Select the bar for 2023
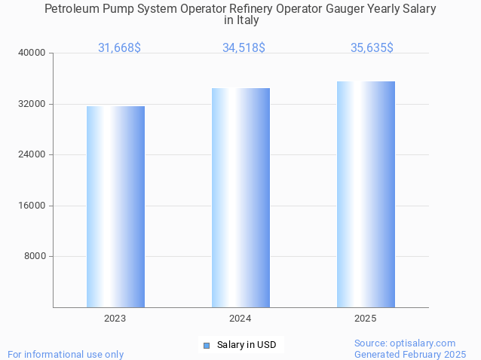pyautogui.click(x=115, y=206)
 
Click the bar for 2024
pyautogui.click(x=240, y=197)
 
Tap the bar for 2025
pyautogui.click(x=366, y=194)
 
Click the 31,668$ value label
pyautogui.click(x=119, y=47)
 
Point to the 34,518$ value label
pyautogui.click(x=244, y=47)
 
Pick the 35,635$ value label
pyautogui.click(x=372, y=47)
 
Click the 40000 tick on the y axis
pyautogui.click(x=32, y=53)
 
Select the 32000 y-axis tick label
pyautogui.click(x=32, y=104)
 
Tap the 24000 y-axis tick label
pyautogui.click(x=32, y=154)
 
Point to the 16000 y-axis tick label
pyautogui.click(x=32, y=206)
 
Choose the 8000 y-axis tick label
pyautogui.click(x=35, y=256)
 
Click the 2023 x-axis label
pyautogui.click(x=115, y=319)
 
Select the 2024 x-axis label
pyautogui.click(x=240, y=319)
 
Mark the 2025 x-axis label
pyautogui.click(x=366, y=319)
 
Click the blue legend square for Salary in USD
pyautogui.click(x=206, y=346)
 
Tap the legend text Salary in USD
pyautogui.click(x=247, y=345)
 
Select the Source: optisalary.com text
pyautogui.click(x=405, y=343)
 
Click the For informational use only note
pyautogui.click(x=66, y=354)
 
